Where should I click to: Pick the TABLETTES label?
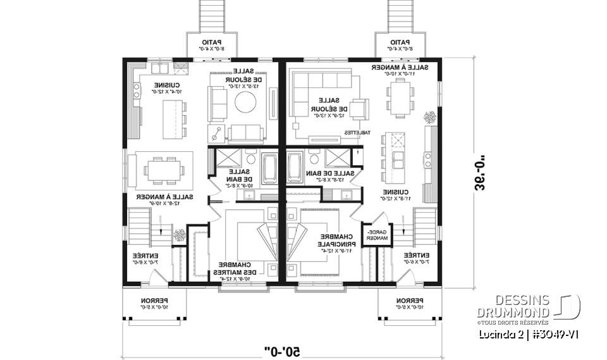(353, 132)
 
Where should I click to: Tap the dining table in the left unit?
(165, 169)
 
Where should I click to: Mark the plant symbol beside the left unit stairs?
(179, 235)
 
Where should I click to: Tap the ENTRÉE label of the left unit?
(142, 258)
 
